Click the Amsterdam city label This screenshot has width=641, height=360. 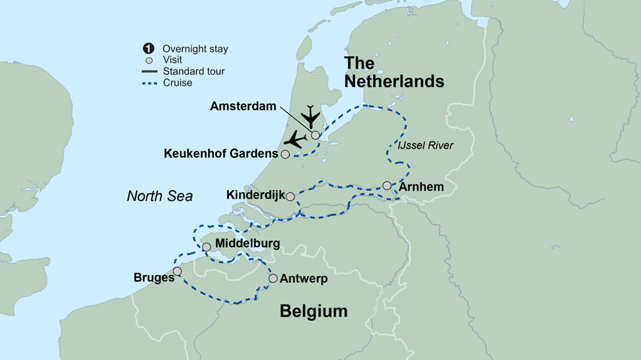point(244,106)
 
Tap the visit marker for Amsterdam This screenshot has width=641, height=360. point(315,135)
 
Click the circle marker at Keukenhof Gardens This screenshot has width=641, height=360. point(286,154)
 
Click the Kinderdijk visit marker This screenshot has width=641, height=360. point(290,196)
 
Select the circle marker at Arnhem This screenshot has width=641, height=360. point(387,185)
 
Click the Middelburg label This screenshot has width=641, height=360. point(247,244)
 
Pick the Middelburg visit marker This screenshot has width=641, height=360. point(207,247)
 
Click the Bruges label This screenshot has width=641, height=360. point(152,276)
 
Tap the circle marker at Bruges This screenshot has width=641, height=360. point(177,271)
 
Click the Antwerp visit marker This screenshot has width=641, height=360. point(273,278)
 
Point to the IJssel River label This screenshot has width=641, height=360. point(426,146)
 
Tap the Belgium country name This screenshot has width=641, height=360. point(313,311)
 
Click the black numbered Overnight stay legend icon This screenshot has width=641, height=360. point(148,48)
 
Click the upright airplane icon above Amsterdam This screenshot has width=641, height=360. point(310,114)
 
